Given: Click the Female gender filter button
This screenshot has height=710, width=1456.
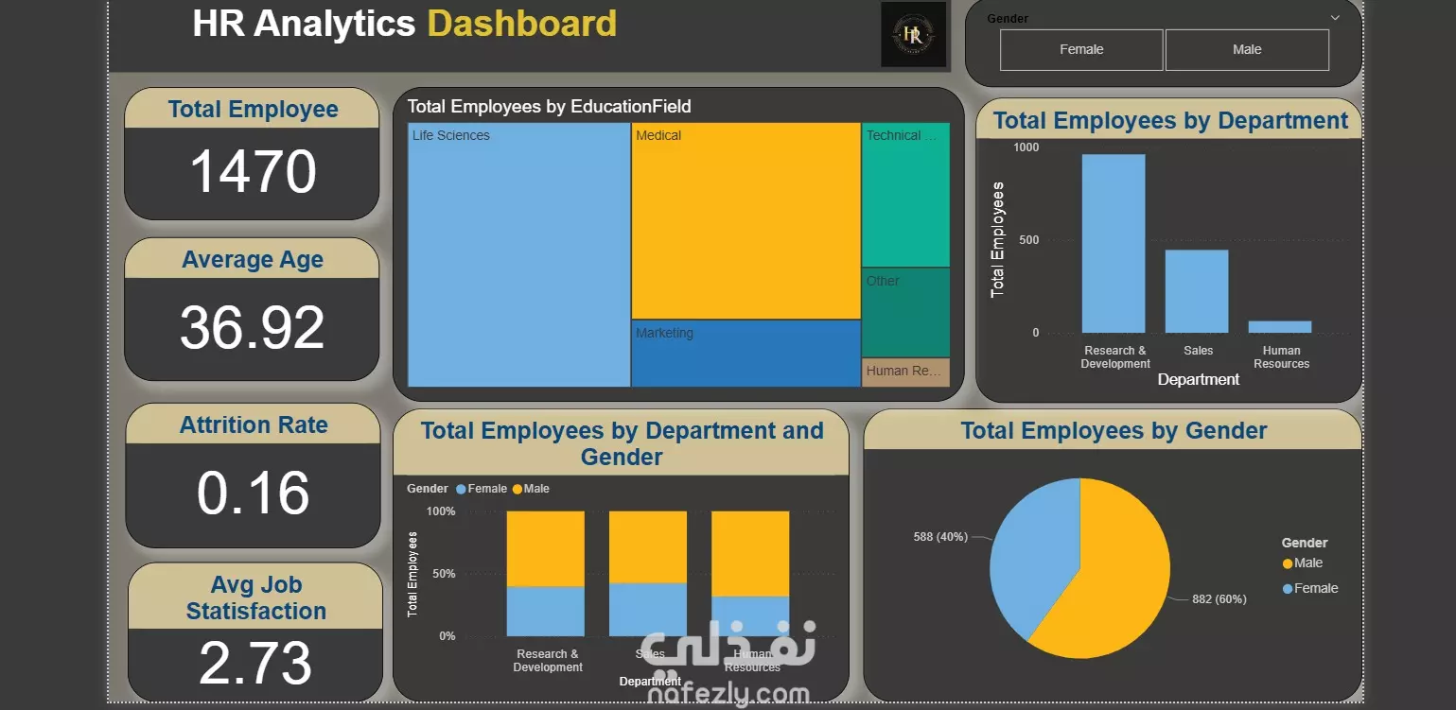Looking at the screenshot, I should coord(1080,50).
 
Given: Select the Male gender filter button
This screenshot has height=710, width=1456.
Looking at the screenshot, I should coord(1246,50).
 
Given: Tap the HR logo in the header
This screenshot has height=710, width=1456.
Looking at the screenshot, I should coord(913,35).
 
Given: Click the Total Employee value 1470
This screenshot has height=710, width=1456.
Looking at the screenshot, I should coord(253,172).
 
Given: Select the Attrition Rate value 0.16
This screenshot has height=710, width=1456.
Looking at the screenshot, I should coord(253,494).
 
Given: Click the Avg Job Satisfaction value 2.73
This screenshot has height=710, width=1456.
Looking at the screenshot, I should coord(255,663).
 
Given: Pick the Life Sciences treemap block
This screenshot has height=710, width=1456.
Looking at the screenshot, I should coord(518,255).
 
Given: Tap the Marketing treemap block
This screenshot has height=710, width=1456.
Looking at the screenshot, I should coord(746,355).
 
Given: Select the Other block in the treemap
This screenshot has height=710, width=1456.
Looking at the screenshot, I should coord(905,313).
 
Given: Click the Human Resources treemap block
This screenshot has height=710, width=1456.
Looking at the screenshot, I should coord(905,372).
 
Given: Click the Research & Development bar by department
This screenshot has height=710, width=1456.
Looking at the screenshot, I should coord(1114,244).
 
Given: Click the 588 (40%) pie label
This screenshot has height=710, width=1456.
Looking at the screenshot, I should coord(940,537).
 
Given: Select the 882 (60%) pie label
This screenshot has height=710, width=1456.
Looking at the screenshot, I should coord(1219,599).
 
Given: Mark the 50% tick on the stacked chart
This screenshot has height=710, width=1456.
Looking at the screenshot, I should coord(443,574).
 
